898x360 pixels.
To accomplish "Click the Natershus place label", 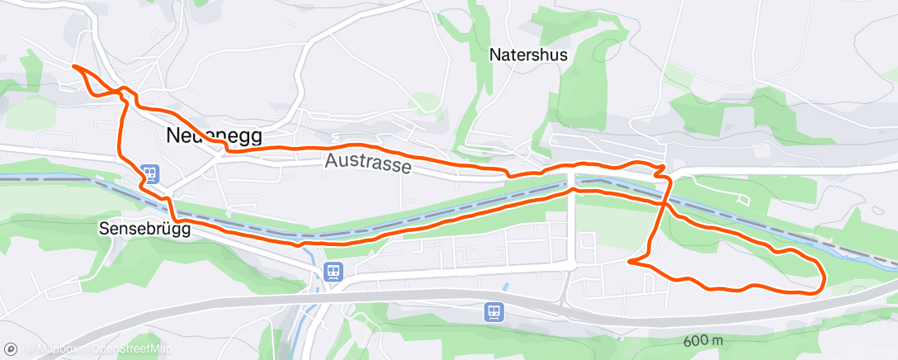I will pyautogui.click(x=528, y=55).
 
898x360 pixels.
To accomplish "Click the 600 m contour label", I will pyautogui.click(x=702, y=341).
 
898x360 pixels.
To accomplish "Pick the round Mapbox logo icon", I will pyautogui.click(x=12, y=349).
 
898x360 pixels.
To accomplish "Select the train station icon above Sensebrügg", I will pyautogui.click(x=150, y=174).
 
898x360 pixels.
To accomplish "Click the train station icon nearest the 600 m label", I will pyautogui.click(x=493, y=312).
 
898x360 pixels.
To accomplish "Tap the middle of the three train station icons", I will pyautogui.click(x=333, y=271).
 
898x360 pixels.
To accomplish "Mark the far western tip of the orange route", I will pyautogui.click(x=74, y=65).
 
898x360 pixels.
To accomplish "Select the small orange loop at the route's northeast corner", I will pyautogui.click(x=659, y=169).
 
